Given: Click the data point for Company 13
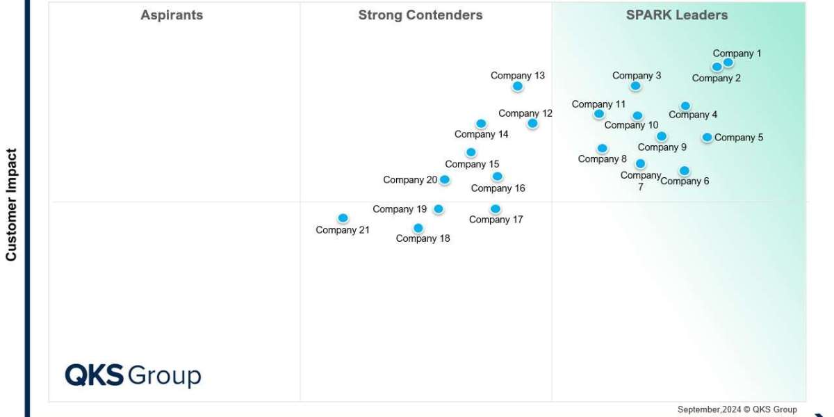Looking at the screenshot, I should [x=517, y=86].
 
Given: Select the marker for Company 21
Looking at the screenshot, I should [x=343, y=218].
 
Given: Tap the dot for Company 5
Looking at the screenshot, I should [x=707, y=138].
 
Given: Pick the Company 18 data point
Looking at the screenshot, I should [x=418, y=228].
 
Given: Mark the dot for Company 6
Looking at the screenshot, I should [x=685, y=171].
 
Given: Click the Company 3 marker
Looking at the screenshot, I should [x=635, y=86].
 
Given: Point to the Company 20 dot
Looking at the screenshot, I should [x=445, y=180].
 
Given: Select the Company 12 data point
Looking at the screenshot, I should [x=532, y=124].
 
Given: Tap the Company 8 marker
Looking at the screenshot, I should [x=602, y=148].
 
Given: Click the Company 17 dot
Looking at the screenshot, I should [x=496, y=208].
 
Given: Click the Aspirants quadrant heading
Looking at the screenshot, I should [x=172, y=15].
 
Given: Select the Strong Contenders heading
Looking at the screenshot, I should [x=420, y=15].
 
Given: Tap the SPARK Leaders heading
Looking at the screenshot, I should [x=677, y=15].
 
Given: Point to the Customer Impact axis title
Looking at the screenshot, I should [x=11, y=204].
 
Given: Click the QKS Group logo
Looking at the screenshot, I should [x=133, y=375].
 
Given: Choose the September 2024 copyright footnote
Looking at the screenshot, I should [x=737, y=409].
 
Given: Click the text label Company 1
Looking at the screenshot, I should [x=737, y=54].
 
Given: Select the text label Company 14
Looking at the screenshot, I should [x=482, y=134].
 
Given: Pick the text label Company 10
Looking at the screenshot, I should [x=631, y=125].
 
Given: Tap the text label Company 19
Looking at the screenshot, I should [x=400, y=209].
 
